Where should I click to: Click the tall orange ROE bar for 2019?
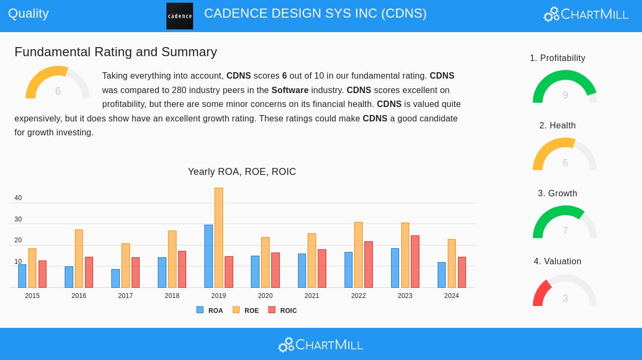tap(219, 238)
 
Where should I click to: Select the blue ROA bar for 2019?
tap(209, 256)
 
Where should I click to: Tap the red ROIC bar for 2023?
tap(415, 262)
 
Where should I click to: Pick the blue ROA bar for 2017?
tap(116, 278)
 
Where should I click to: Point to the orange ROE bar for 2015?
tap(32, 268)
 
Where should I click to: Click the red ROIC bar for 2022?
tap(369, 264)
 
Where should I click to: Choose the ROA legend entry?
tap(210, 310)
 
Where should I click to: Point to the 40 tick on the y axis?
tap(18, 198)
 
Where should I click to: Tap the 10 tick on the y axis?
tap(18, 262)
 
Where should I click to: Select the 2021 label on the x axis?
tap(312, 296)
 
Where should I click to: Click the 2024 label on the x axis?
tap(452, 296)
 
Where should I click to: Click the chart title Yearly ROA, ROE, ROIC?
tap(242, 172)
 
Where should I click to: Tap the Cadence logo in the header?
tap(180, 16)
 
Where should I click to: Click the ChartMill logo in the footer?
tap(320, 344)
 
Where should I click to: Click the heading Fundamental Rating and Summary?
tap(116, 52)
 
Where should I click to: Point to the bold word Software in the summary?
tap(290, 90)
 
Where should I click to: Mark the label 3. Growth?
tap(557, 193)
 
